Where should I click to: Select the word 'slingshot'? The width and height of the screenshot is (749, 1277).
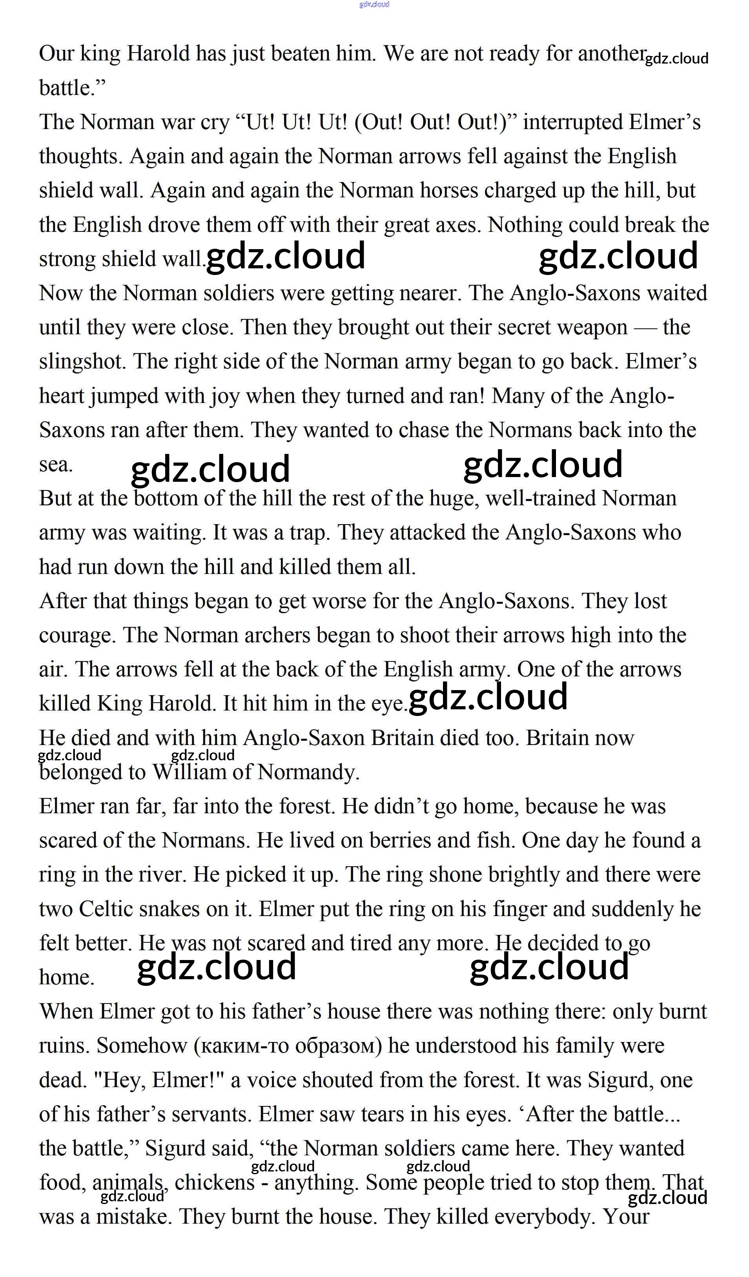82,362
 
